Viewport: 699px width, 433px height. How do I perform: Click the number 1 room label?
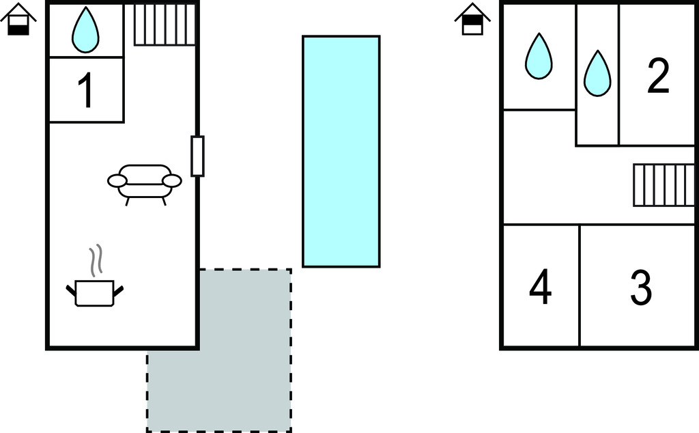point(85,91)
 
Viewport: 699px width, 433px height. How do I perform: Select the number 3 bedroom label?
point(640,288)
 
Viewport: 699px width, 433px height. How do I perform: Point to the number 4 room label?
point(540,288)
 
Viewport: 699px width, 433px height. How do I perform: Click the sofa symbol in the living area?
point(145,182)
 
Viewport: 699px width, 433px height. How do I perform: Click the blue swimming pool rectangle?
point(341,151)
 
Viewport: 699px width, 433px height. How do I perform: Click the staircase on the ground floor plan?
point(165,25)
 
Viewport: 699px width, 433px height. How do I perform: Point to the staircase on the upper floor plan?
point(663,184)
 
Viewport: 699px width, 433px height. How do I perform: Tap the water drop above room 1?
point(85,30)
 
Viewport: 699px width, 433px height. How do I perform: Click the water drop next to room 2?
point(597,73)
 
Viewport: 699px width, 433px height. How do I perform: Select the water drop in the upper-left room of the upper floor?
point(539,56)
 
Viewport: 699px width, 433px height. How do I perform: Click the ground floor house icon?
point(18,20)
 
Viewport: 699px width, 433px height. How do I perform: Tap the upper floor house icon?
point(472,20)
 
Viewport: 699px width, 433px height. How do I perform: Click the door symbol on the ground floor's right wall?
point(197,156)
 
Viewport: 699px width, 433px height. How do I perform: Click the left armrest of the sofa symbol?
point(117,180)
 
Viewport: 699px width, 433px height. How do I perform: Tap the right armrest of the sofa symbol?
point(173,180)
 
